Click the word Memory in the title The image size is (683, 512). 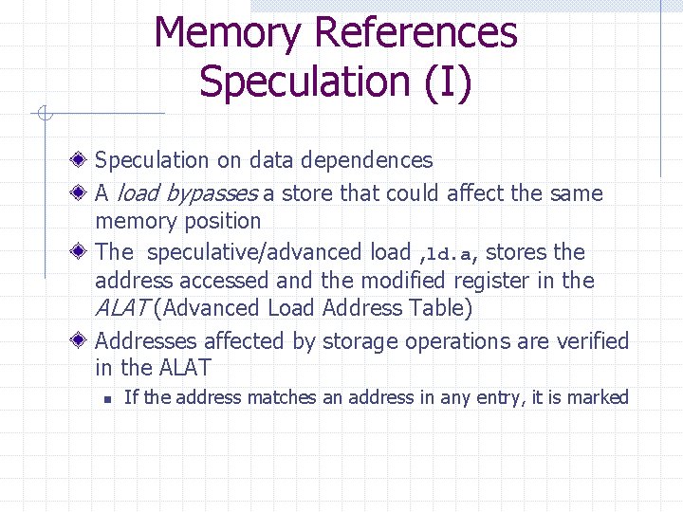[x=228, y=33]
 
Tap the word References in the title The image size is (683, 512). [x=415, y=33]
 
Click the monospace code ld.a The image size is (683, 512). [x=449, y=254]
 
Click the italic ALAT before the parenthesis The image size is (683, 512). [x=121, y=308]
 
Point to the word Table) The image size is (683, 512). [x=438, y=308]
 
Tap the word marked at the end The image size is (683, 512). [x=599, y=397]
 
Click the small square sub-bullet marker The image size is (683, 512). [x=109, y=398]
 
